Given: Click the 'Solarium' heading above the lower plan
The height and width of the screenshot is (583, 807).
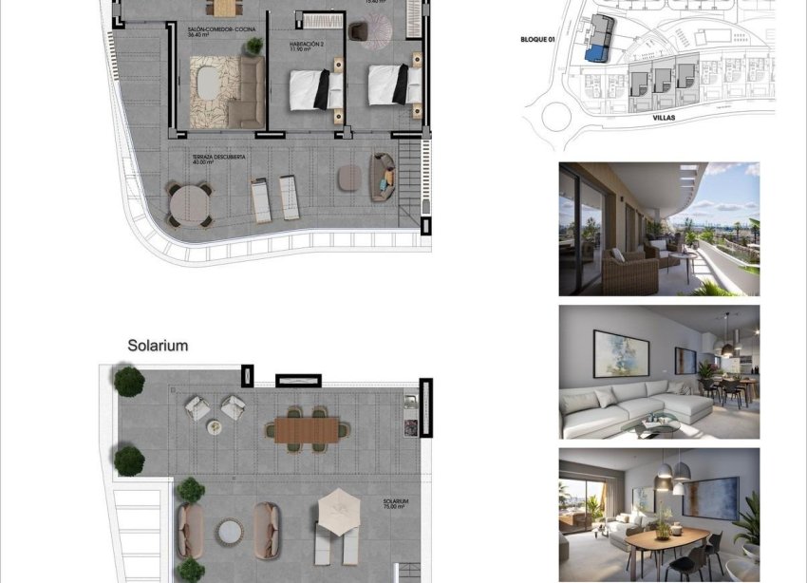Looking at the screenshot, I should point(158,346).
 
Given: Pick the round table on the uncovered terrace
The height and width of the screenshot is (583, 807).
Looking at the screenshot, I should point(190,202).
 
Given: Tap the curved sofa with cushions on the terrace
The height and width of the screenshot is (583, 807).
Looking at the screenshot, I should point(383,176).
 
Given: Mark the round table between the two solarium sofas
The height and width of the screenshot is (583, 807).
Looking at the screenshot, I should point(229,531).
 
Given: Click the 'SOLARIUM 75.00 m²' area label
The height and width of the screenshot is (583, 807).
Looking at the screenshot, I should point(397,503).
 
